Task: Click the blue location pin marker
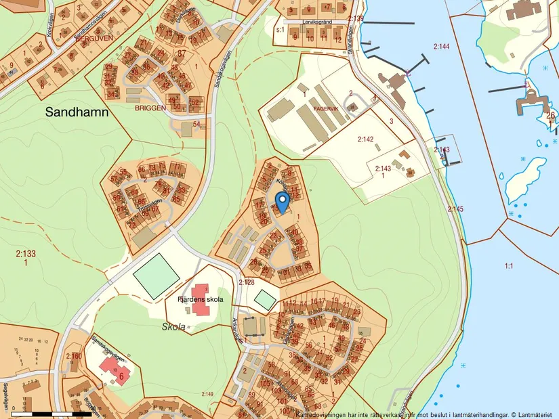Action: [x=283, y=201]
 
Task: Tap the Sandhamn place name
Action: [x=77, y=113]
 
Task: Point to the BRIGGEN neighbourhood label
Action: [x=150, y=108]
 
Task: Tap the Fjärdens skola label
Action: [x=200, y=299]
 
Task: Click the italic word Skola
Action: [x=174, y=326]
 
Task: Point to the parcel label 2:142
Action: [x=365, y=139]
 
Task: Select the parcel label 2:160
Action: [x=74, y=356]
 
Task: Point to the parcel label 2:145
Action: [x=455, y=209]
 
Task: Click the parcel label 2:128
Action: [x=245, y=282]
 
